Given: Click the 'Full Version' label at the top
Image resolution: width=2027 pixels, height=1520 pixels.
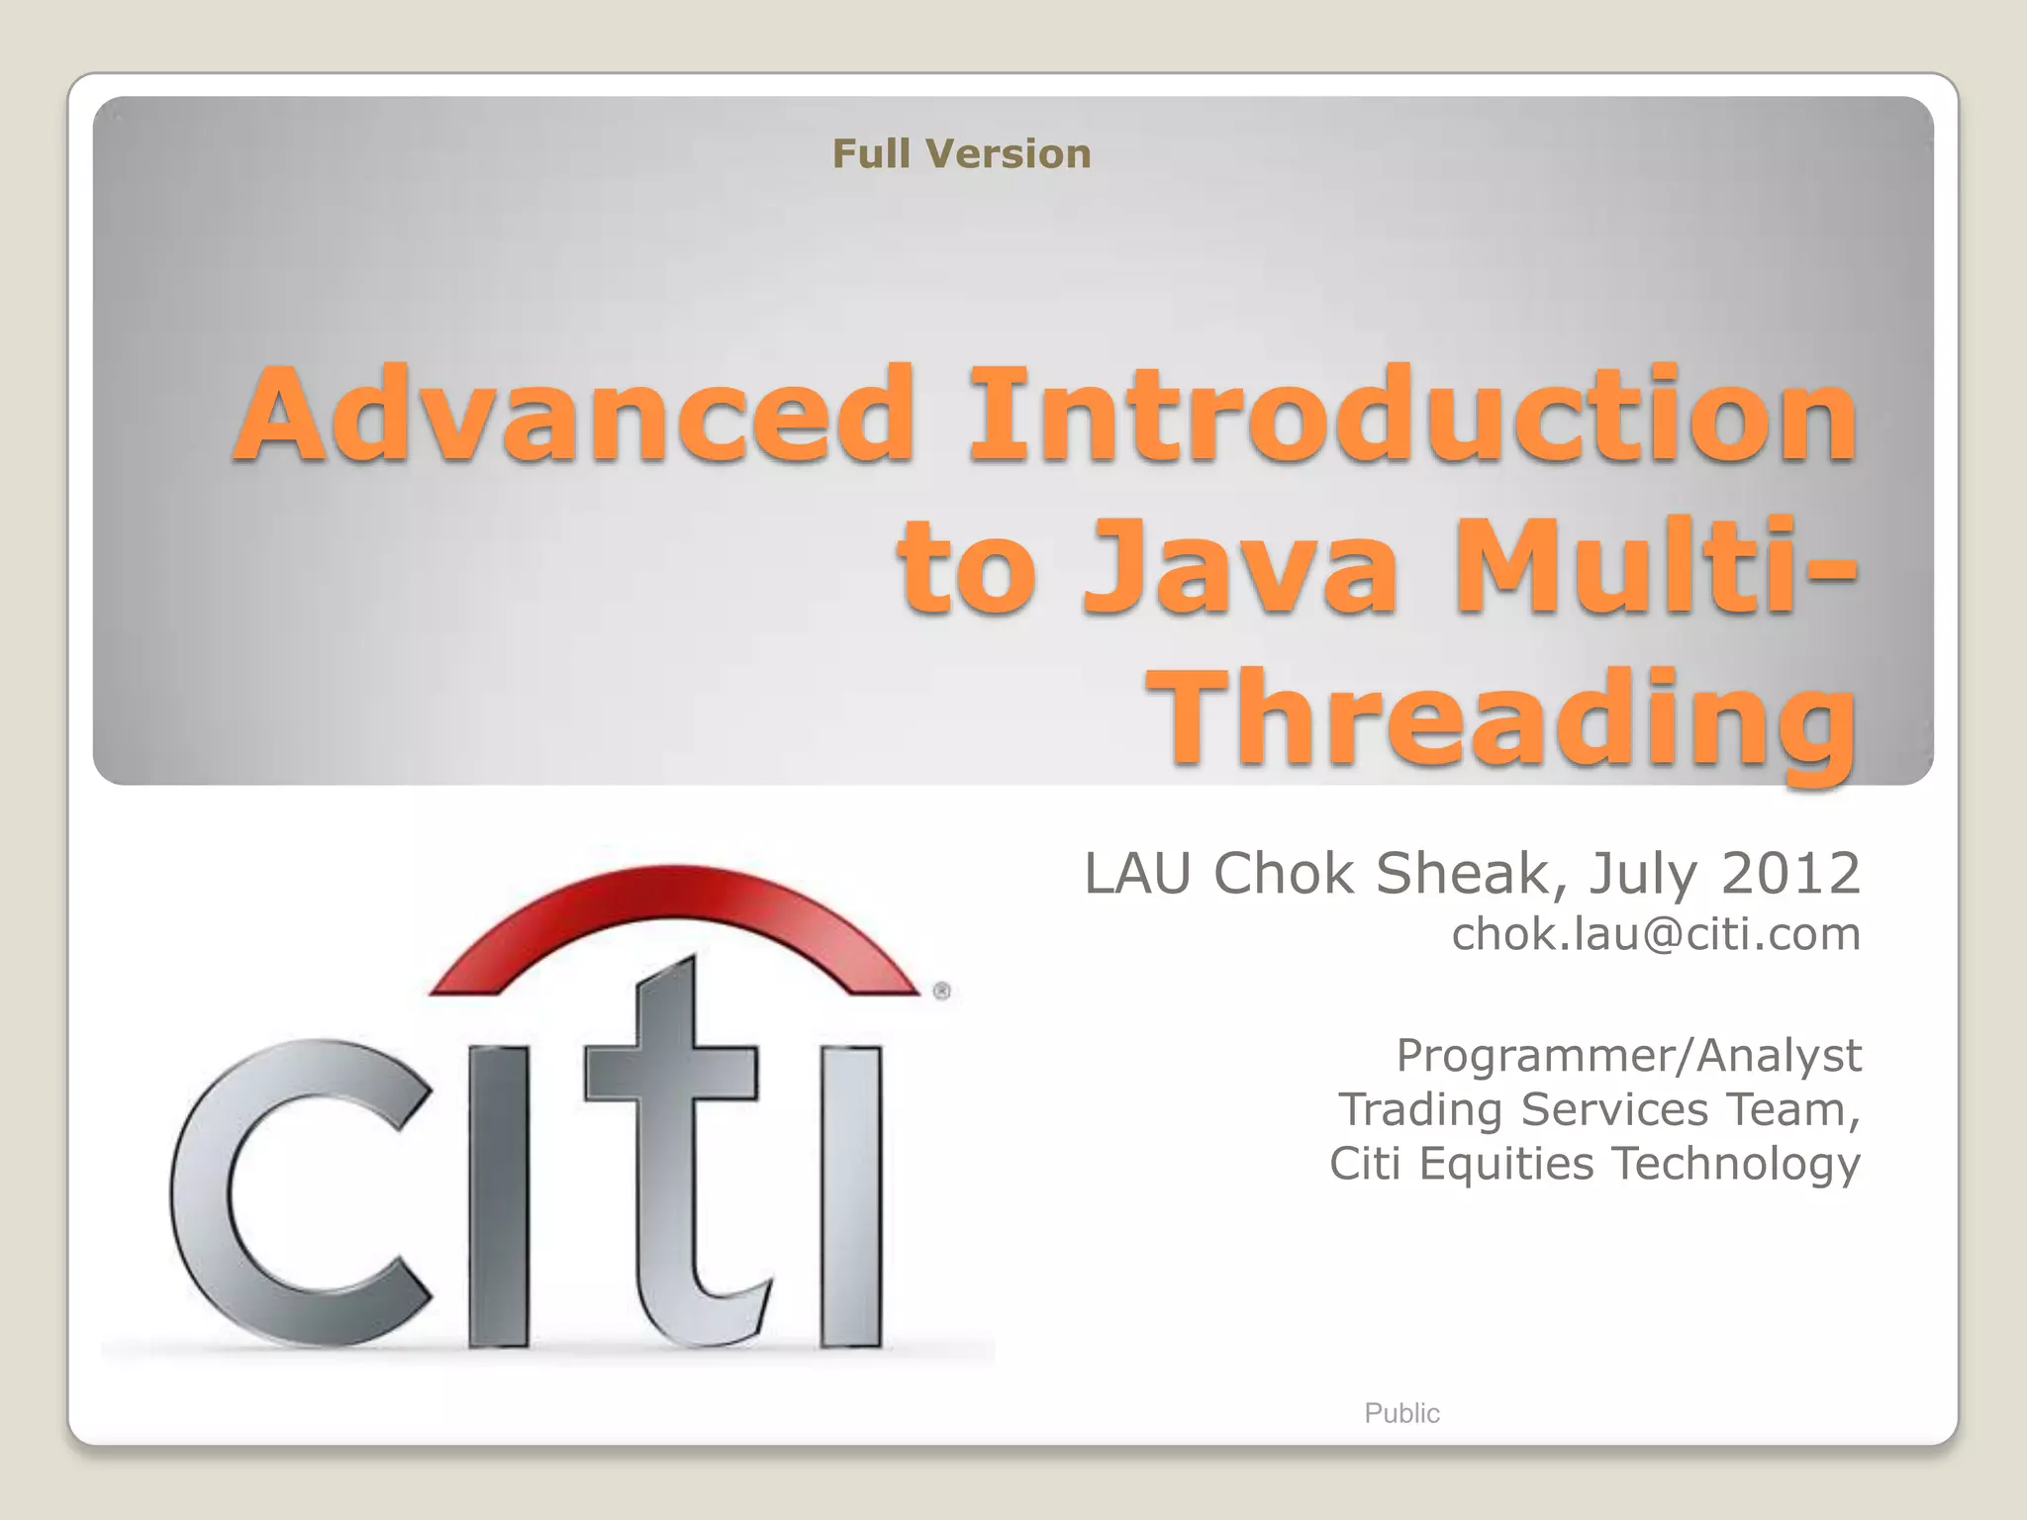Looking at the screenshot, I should pos(961,154).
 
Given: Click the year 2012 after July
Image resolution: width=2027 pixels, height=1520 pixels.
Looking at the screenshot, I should pos(1791,874).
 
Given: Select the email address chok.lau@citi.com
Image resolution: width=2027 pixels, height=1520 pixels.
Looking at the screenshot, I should pos(1656,934).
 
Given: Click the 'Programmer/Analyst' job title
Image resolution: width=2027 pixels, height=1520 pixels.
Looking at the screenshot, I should pos(1628,1055).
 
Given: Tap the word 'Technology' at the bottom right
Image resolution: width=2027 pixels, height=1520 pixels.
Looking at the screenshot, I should pos(1737,1164).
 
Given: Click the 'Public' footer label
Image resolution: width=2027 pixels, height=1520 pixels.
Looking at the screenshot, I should pos(1401,1413).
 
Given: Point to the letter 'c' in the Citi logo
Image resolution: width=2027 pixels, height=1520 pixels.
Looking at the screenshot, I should pos(297,1192).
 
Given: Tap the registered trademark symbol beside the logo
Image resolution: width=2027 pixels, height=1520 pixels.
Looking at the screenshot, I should pos(941,991).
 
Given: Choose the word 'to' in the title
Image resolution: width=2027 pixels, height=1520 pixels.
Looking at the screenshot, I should pos(965,569).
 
